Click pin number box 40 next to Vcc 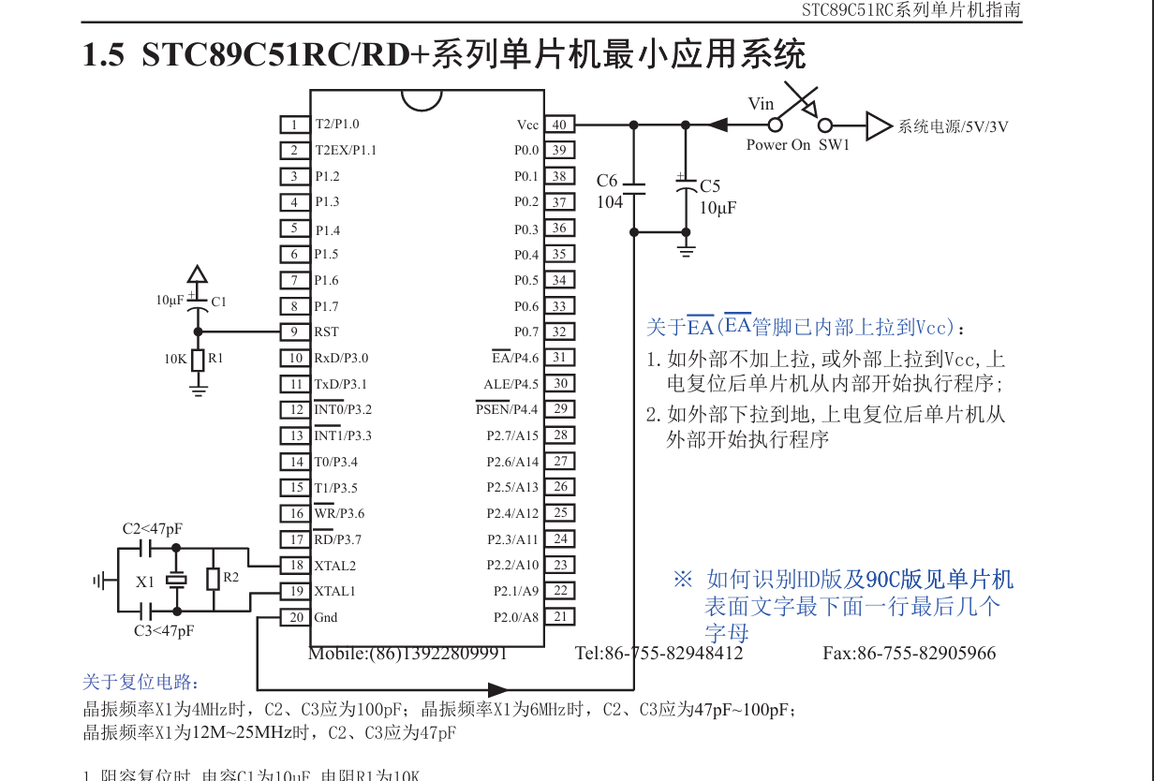pyautogui.click(x=558, y=125)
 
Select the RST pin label pyautogui.click(x=327, y=332)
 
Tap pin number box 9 pyautogui.click(x=294, y=332)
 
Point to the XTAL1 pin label pyautogui.click(x=334, y=591)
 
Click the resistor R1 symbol pyautogui.click(x=198, y=359)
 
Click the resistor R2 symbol pyautogui.click(x=214, y=579)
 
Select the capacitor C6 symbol pyautogui.click(x=634, y=189)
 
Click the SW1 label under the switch pyautogui.click(x=834, y=145)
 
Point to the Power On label pyautogui.click(x=778, y=145)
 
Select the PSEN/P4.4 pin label pyautogui.click(x=507, y=409)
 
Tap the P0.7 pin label pyautogui.click(x=526, y=332)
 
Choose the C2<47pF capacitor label pyautogui.click(x=153, y=529)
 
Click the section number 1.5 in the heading pyautogui.click(x=103, y=55)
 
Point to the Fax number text pyautogui.click(x=910, y=653)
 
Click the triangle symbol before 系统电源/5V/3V pyautogui.click(x=879, y=125)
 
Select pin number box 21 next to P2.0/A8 pyautogui.click(x=560, y=616)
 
